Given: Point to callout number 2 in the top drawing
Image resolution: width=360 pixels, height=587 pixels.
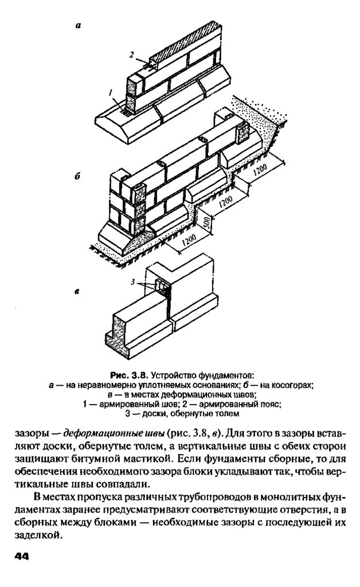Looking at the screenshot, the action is tap(131, 55).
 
